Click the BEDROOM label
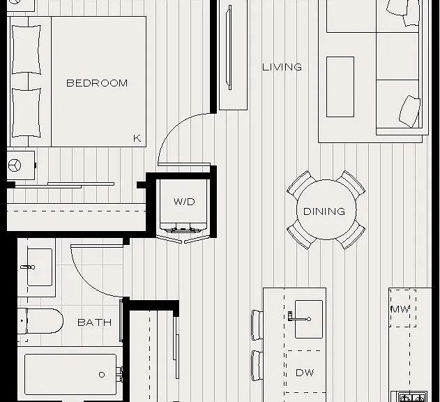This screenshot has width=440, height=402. tap(97, 83)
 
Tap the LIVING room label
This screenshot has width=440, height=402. tap(282, 67)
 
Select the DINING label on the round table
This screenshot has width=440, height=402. tap(324, 211)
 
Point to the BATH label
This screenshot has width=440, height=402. tap(95, 322)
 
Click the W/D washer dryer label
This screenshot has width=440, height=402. tap(184, 202)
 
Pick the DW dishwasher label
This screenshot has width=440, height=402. tap(305, 373)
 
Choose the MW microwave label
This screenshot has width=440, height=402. tap(400, 310)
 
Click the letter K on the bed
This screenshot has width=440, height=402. tap(137, 138)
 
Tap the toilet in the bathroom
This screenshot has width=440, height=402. tap(40, 321)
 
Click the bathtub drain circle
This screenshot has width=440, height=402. tap(102, 375)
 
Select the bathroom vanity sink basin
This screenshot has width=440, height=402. tap(40, 267)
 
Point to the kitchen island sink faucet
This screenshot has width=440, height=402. tap(299, 318)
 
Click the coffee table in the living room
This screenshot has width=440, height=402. tap(340, 87)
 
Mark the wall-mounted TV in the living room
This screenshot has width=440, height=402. tap(230, 47)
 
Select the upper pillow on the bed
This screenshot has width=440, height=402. tap(26, 50)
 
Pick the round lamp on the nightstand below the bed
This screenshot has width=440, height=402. tap(15, 165)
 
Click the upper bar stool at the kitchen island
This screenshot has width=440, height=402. tap(257, 325)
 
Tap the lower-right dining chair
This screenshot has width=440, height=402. tap(351, 234)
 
